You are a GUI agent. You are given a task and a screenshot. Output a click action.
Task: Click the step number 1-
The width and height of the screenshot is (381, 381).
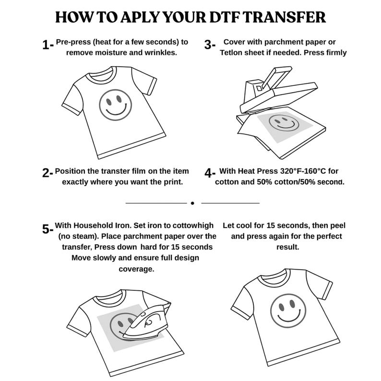(x=48, y=45)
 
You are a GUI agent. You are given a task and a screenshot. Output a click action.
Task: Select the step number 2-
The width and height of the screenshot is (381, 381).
(x=48, y=173)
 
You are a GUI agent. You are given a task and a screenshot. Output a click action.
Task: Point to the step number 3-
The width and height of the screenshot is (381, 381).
(x=210, y=45)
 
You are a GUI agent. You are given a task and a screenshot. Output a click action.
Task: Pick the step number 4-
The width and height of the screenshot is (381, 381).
(x=210, y=173)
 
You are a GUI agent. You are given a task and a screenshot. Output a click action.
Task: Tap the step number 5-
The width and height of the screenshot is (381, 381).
(x=48, y=229)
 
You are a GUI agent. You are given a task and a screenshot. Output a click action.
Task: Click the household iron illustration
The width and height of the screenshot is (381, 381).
(x=146, y=321)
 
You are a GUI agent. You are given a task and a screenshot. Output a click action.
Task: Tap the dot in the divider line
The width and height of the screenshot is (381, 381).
(x=192, y=203)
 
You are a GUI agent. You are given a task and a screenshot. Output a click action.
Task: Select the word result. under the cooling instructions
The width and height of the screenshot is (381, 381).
(x=288, y=247)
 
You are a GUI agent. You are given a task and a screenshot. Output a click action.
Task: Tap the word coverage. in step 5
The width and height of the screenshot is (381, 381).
(x=136, y=269)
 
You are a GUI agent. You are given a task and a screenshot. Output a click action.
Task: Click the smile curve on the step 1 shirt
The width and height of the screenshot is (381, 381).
(x=117, y=110)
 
